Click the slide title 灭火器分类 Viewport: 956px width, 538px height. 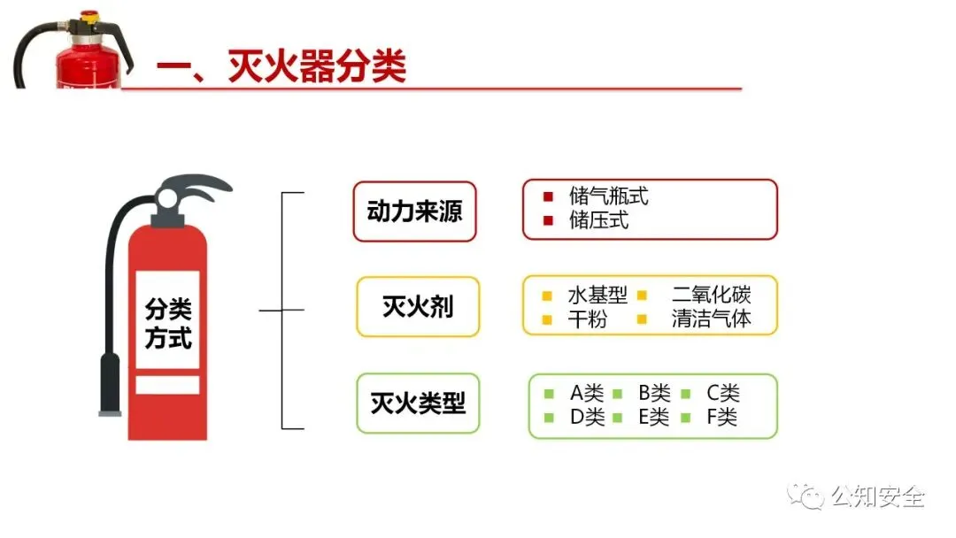pos(316,67)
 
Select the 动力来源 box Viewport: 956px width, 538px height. pos(414,212)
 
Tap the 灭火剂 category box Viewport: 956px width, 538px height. pos(418,307)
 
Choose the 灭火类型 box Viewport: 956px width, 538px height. pos(418,403)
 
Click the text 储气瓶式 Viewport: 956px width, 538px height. pos(608,196)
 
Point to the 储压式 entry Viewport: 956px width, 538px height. pos(598,220)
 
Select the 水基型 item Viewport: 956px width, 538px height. pos(597,296)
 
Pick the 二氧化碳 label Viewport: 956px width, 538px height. pos(711,296)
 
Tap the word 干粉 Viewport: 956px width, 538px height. pos(587,319)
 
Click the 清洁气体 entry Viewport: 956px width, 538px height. pos(711,319)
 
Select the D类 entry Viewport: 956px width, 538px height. pos(586,417)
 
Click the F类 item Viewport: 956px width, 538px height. pos(721,417)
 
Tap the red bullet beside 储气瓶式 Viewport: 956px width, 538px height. pos(549,196)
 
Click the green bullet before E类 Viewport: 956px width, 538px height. pos(618,417)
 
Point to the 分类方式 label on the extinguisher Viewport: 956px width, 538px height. pos(167,324)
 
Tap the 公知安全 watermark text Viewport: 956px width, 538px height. pos(876,496)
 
